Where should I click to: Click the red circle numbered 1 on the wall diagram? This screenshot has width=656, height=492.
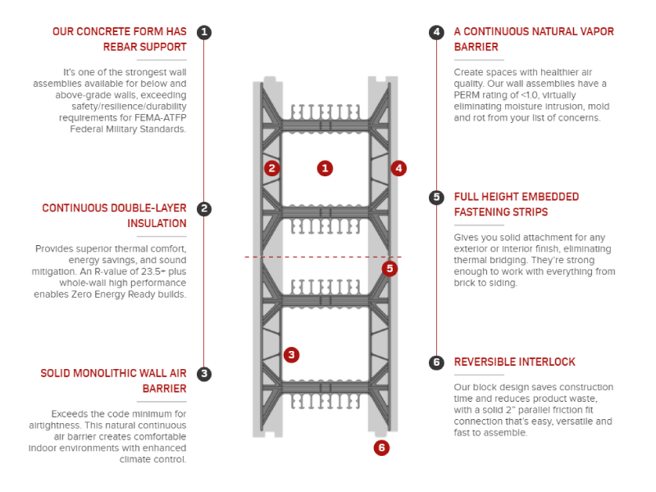(x=326, y=168)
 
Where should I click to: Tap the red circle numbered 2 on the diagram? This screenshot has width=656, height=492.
(x=272, y=168)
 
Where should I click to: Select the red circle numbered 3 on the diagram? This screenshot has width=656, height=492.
(x=291, y=355)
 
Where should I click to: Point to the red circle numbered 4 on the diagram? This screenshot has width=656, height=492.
(x=399, y=168)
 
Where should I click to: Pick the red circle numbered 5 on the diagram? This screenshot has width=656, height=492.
(x=389, y=268)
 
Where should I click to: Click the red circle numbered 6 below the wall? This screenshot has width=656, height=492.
(x=381, y=448)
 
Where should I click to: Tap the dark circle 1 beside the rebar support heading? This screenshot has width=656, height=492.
(x=204, y=32)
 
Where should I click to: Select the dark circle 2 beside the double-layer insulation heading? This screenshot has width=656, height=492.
(x=204, y=209)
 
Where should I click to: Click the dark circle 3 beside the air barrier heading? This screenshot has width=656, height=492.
(x=204, y=374)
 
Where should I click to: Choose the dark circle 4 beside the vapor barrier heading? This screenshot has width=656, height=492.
(x=436, y=32)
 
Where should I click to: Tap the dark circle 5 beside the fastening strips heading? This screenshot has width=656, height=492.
(x=436, y=197)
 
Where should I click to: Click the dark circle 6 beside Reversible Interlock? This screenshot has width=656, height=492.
(x=436, y=362)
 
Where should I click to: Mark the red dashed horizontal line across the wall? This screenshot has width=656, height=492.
(x=328, y=257)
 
